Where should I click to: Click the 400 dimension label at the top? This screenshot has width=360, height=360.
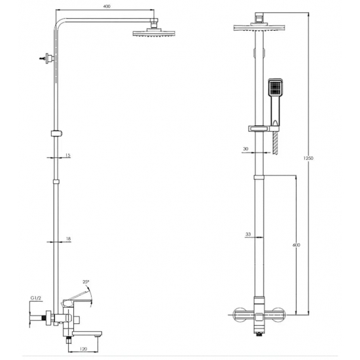107,6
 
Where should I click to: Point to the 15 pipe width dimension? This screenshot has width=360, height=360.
67,155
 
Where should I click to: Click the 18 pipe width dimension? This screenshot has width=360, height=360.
68,240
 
